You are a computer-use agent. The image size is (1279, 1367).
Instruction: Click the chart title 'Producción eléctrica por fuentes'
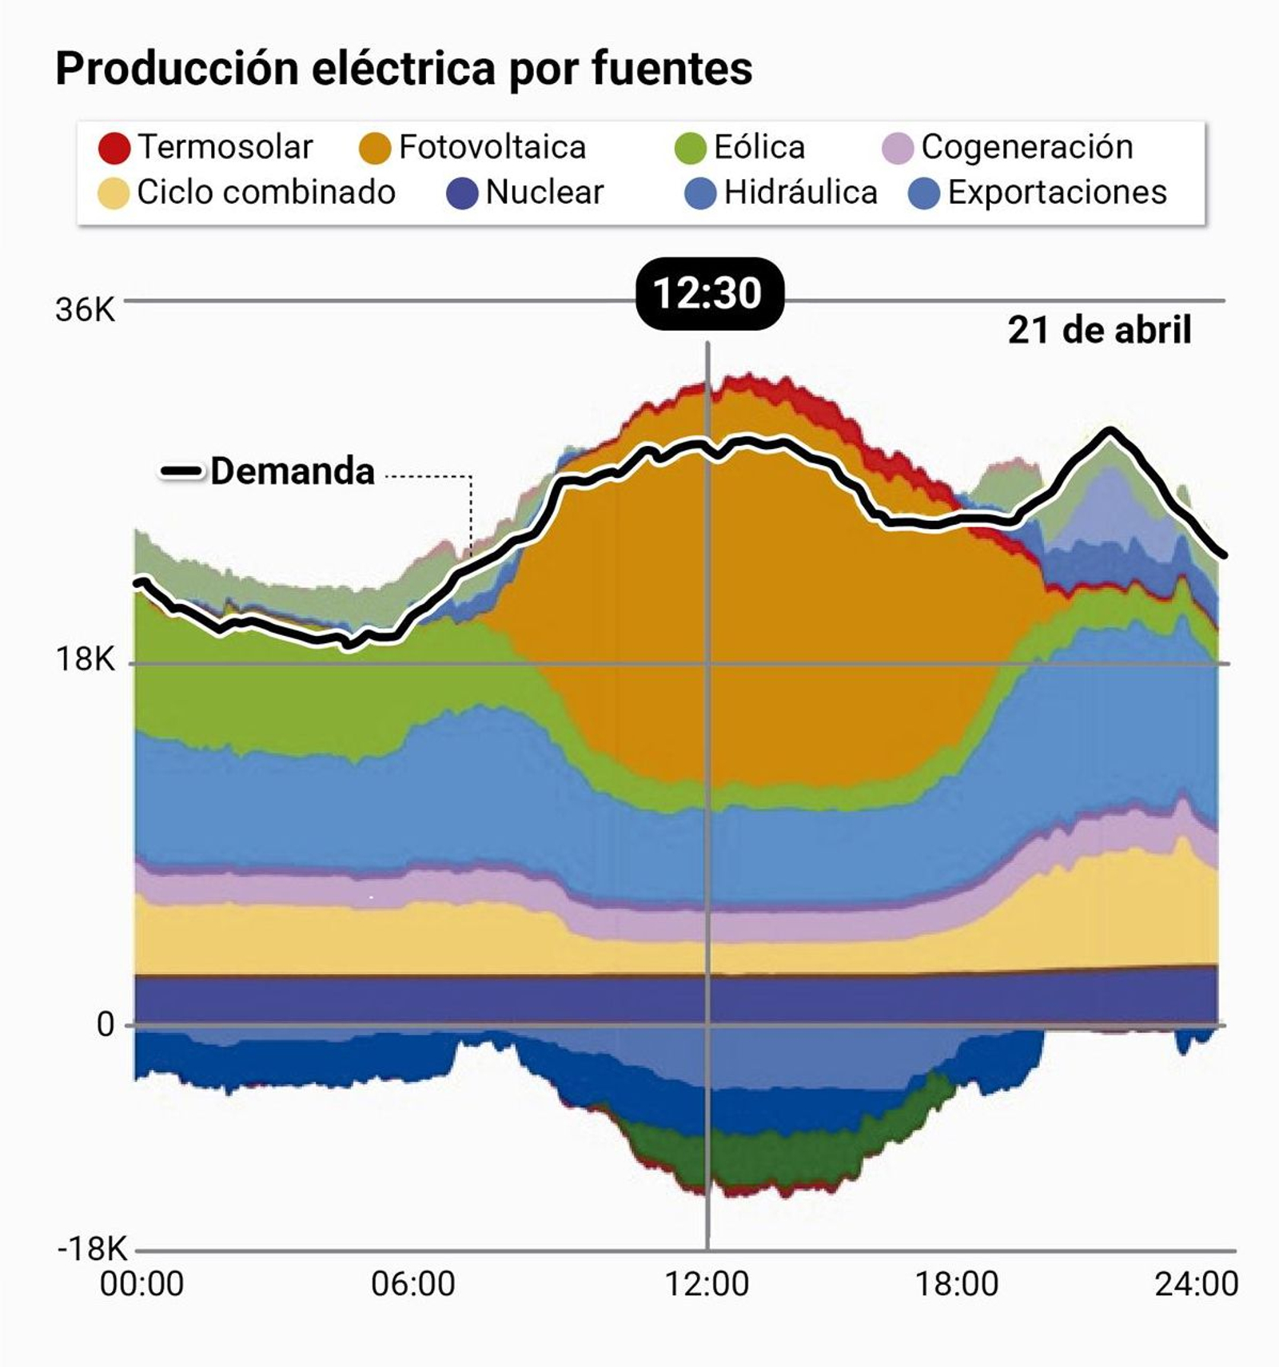(x=404, y=69)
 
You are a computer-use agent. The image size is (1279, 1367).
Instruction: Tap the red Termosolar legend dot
(x=114, y=148)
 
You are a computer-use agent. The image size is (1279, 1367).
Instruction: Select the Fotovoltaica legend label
(x=492, y=147)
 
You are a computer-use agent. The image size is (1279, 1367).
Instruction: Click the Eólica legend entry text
(x=759, y=147)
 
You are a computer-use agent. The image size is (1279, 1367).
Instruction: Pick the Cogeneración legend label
(x=1026, y=147)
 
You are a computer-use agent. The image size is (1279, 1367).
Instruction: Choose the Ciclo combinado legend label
(x=265, y=193)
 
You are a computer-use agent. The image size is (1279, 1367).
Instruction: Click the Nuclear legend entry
(x=544, y=193)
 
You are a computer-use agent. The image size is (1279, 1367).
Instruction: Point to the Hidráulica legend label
(x=800, y=193)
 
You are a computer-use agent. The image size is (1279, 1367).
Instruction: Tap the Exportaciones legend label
(x=1057, y=193)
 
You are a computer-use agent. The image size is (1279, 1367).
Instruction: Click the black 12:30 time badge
(x=708, y=293)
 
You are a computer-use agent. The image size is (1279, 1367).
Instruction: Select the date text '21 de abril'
(x=1099, y=330)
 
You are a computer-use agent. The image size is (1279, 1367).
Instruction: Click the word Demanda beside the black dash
(x=293, y=471)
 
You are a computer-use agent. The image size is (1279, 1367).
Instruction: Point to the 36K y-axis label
(x=85, y=310)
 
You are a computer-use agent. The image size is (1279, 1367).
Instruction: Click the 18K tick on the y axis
(x=85, y=660)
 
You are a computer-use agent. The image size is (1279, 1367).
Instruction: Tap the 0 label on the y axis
(x=106, y=1024)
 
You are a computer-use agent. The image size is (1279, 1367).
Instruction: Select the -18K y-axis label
(x=92, y=1249)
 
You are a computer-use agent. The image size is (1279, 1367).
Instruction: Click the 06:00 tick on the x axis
(x=412, y=1284)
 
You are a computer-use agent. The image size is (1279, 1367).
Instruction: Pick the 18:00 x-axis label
(x=956, y=1284)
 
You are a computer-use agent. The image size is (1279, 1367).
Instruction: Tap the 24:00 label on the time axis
(x=1196, y=1284)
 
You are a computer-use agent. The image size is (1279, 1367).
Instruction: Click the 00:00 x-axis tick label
(x=141, y=1284)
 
